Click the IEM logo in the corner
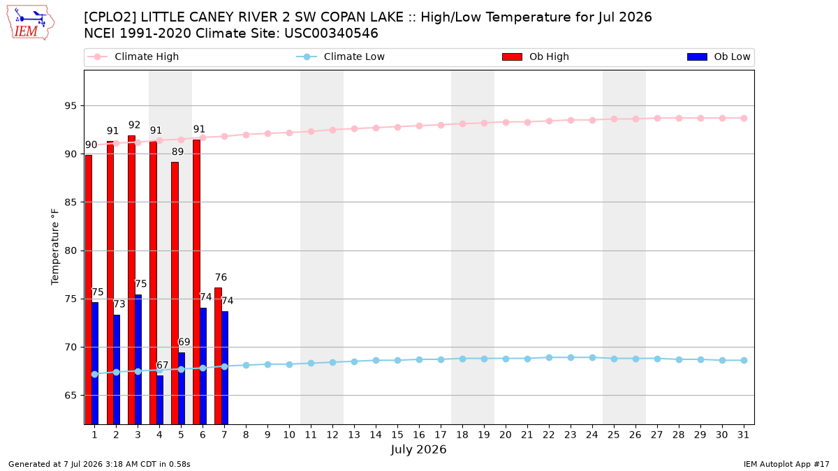[30, 23]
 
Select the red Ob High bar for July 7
[218, 356]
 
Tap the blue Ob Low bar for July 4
[160, 400]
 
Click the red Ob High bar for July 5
[175, 293]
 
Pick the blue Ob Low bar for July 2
[117, 369]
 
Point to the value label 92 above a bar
[134, 125]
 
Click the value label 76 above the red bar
[221, 278]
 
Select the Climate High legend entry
[133, 57]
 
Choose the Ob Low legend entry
[719, 57]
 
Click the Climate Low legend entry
[340, 57]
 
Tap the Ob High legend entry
[536, 57]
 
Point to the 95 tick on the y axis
[71, 106]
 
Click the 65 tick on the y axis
[71, 396]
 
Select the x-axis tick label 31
[743, 435]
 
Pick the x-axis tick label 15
[397, 435]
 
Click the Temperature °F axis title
[55, 247]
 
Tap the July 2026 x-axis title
[418, 449]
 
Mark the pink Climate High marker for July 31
[744, 118]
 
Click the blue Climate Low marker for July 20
[506, 359]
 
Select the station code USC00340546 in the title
[331, 33]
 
